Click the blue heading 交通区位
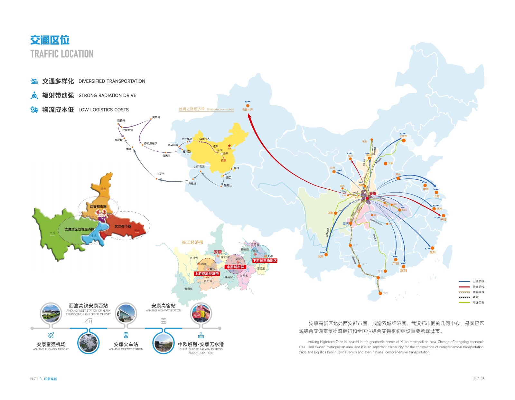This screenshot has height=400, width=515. pyautogui.click(x=50, y=40)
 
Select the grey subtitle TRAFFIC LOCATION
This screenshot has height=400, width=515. pyautogui.click(x=62, y=54)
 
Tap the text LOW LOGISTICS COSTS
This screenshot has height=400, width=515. pyautogui.click(x=103, y=110)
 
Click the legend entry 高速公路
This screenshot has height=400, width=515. pyautogui.click(x=478, y=302)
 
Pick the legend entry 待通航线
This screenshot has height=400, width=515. pyautogui.click(x=478, y=287)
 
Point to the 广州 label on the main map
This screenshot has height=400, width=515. pyautogui.click(x=396, y=263)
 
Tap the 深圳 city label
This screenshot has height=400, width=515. pyautogui.click(x=404, y=271)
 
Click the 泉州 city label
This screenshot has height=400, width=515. pyautogui.click(x=433, y=252)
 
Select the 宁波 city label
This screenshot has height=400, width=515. pyautogui.click(x=444, y=220)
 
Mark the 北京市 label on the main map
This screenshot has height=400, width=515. pyautogui.click(x=403, y=136)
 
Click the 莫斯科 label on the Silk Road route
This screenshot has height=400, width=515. pyautogui.click(x=156, y=117)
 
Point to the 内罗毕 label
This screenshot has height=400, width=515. pyautogui.click(x=160, y=174)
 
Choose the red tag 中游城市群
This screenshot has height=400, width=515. pyautogui.click(x=235, y=267)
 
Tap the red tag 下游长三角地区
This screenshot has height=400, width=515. pyautogui.click(x=265, y=261)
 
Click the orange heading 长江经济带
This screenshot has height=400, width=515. pyautogui.click(x=192, y=242)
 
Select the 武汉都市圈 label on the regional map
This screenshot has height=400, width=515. pyautogui.click(x=123, y=226)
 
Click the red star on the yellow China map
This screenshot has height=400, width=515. pyautogui.click(x=229, y=146)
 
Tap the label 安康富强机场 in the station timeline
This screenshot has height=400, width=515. pyautogui.click(x=51, y=344)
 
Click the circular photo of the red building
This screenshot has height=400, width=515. pyautogui.click(x=201, y=313)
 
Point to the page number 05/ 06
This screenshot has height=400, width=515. pyautogui.click(x=478, y=378)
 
